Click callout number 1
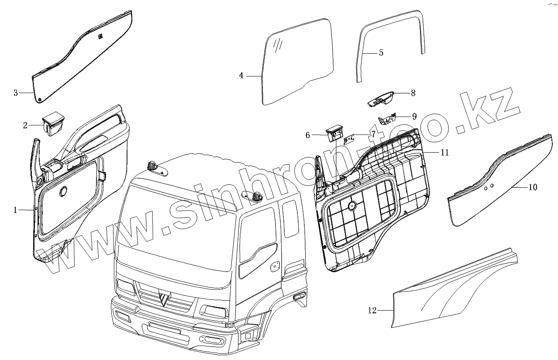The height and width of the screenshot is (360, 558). coord(15,210)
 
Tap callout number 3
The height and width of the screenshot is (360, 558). coord(16,93)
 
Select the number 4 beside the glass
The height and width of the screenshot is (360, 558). coord(241,76)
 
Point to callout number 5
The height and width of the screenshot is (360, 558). coord(381,53)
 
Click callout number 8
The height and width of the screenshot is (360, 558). coord(413,93)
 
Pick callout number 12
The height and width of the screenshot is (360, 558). coord(372,311)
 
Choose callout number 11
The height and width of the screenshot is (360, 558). coord(444,152)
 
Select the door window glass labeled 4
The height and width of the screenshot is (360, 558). coord(297,61)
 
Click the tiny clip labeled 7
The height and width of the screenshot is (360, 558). coord(348,139)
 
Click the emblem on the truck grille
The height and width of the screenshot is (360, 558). coord(165,299)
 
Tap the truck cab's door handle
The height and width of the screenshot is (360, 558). coord(275,266)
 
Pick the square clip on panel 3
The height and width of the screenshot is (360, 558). coord(100,36)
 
